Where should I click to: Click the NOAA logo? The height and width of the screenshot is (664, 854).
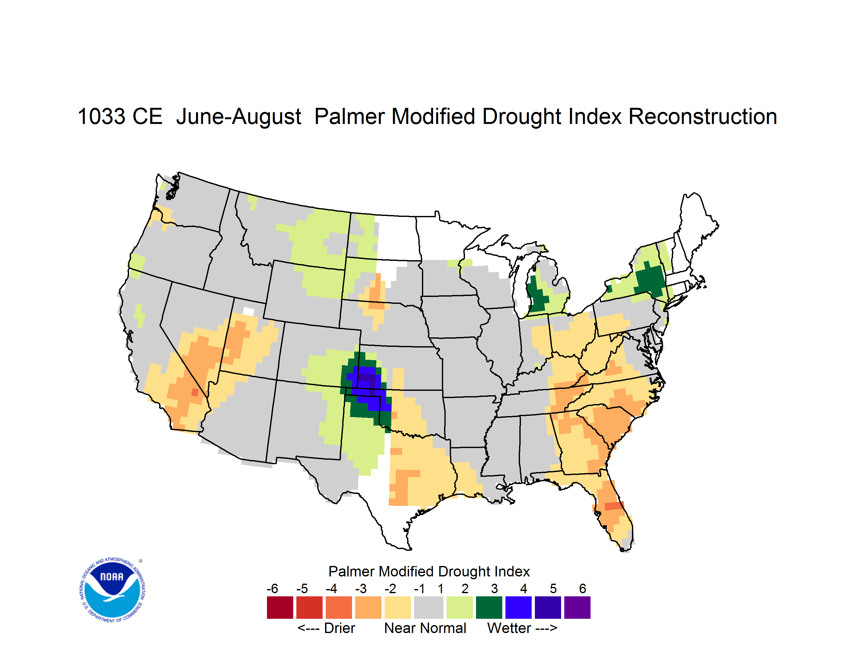click(113, 590)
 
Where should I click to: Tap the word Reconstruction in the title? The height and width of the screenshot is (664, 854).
click(702, 116)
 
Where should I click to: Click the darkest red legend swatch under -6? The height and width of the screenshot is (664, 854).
click(280, 607)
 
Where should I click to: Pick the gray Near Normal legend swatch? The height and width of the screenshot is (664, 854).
click(429, 607)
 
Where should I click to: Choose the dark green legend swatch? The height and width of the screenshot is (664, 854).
click(489, 607)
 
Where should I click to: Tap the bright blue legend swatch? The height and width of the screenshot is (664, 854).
click(518, 607)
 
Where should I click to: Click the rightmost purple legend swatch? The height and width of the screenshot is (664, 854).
click(577, 607)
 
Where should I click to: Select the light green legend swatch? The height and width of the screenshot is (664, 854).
click(460, 607)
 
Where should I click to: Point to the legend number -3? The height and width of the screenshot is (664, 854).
click(361, 588)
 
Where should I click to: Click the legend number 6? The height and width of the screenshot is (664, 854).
click(583, 588)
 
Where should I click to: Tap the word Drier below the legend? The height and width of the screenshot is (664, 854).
click(339, 628)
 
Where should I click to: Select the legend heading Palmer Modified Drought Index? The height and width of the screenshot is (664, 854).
click(429, 571)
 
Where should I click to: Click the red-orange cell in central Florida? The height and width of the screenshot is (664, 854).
click(614, 506)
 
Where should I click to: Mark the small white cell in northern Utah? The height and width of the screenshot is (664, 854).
click(248, 311)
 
